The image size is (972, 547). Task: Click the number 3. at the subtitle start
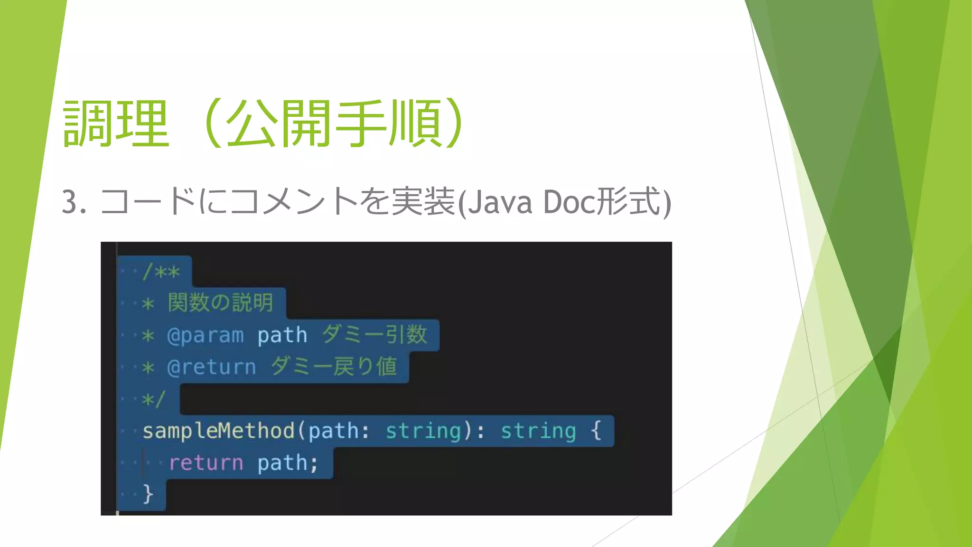tap(74, 202)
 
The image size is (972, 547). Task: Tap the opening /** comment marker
tap(161, 273)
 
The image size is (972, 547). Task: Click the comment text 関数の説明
tap(221, 303)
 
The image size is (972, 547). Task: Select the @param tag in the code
tap(206, 336)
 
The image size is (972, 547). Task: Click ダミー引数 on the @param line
tap(375, 335)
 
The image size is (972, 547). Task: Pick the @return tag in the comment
tap(212, 368)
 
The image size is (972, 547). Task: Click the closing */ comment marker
tap(153, 399)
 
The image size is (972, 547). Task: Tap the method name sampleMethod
tap(219, 431)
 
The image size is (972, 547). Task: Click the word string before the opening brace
tap(538, 431)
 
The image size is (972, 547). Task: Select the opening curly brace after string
tap(596, 430)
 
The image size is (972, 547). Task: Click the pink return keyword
tap(206, 463)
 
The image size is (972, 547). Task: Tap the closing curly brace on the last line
tap(148, 494)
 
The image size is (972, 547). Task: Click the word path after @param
tap(282, 336)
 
